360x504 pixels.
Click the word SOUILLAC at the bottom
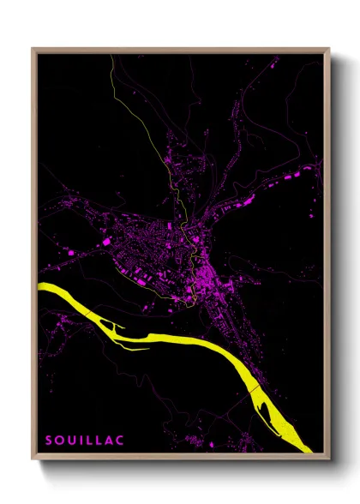(x=84, y=440)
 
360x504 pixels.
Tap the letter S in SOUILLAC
(x=49, y=440)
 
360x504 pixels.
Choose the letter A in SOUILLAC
(x=108, y=440)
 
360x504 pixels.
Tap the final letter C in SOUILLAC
(x=120, y=440)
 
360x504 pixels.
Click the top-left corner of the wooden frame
(x=33, y=49)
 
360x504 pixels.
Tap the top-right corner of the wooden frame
(x=328, y=49)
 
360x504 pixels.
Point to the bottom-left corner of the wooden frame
(x=33, y=459)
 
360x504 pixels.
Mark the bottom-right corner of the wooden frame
(x=328, y=459)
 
